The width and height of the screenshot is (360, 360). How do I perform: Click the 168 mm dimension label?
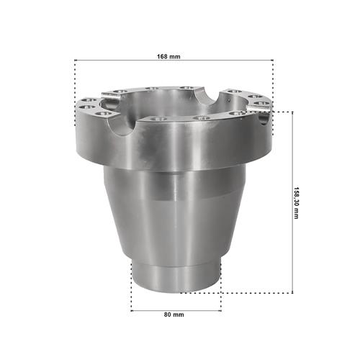coord(168,57)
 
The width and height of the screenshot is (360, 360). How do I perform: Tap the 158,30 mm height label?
coord(297,203)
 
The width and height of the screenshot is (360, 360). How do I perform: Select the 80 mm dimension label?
coord(174,315)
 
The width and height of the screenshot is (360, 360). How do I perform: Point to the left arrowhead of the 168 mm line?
coord(76,60)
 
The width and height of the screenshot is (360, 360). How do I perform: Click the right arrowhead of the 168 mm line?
coord(272,60)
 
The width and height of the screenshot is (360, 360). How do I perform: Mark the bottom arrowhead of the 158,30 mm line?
coord(292,292)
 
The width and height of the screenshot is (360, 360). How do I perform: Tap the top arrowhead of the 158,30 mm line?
coord(292,113)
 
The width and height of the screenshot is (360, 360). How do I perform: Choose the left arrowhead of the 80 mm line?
coord(132,311)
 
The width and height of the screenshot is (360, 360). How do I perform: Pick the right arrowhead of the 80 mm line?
coord(220,311)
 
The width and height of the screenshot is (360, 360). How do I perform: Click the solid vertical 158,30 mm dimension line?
coord(292,202)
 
